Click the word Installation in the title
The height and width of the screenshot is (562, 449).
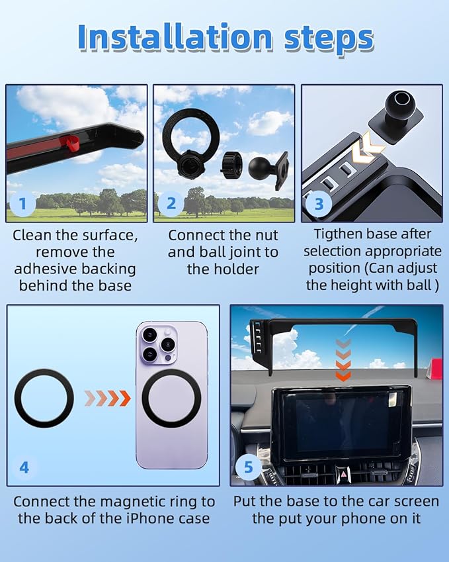click(175, 37)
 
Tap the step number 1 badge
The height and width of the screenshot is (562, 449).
click(22, 204)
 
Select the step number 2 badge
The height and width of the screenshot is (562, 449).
click(171, 204)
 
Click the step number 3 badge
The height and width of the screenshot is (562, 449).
click(319, 204)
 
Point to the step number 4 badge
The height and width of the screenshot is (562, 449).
click(24, 467)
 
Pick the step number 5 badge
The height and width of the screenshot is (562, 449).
click(248, 467)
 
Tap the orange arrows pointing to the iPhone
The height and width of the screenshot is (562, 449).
click(108, 398)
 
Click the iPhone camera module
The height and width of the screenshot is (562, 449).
click(158, 344)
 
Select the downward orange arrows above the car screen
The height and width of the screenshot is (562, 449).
click(344, 359)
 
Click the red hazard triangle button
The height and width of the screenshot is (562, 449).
click(343, 474)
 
